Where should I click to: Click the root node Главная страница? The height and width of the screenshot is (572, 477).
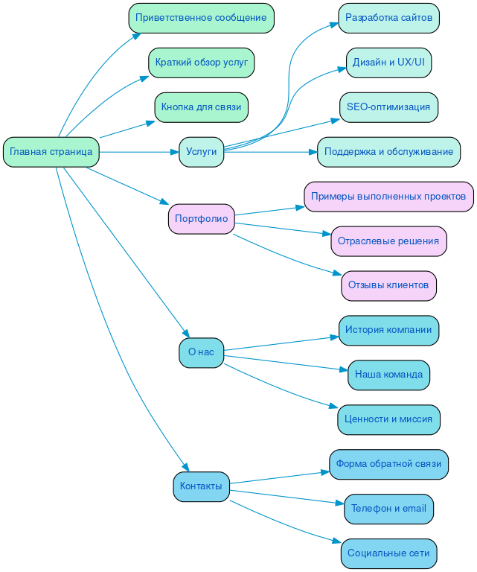[x=51, y=152]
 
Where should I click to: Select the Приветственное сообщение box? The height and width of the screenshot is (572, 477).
[x=201, y=18]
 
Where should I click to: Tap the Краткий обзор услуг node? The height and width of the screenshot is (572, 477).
[x=201, y=63]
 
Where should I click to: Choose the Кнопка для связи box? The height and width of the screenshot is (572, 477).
[x=201, y=107]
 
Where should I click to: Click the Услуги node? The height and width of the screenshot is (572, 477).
[x=201, y=152]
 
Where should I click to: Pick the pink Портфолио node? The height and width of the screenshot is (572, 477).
[x=201, y=219]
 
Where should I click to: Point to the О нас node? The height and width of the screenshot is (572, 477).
[x=201, y=352]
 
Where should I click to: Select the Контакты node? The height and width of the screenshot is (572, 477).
[x=201, y=486]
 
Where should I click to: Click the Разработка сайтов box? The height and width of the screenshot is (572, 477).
[x=388, y=18]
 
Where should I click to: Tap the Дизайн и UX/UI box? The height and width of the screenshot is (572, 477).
[x=388, y=63]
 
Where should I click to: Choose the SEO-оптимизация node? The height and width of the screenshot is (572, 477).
[x=388, y=107]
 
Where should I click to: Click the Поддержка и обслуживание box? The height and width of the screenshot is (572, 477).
[x=388, y=152]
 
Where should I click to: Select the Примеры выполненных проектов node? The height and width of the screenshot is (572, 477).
[x=388, y=197]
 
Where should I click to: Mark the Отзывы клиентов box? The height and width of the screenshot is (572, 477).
[x=388, y=285]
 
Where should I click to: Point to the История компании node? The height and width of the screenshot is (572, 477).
[x=388, y=330]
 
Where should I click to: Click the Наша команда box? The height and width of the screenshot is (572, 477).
[x=388, y=375]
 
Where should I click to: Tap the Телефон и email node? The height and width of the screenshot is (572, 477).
[x=388, y=509]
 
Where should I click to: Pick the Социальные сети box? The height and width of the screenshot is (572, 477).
[x=388, y=553]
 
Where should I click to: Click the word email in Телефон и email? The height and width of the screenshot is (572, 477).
[x=414, y=509]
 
